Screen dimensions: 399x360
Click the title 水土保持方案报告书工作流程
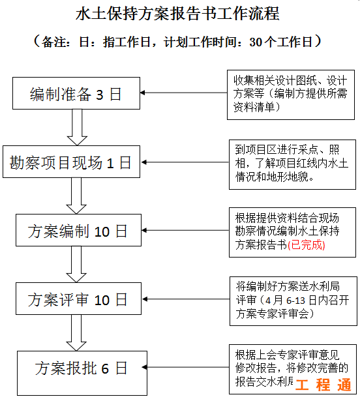[x=177, y=13]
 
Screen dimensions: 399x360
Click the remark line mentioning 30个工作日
[x=177, y=42]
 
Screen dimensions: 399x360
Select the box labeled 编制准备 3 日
[x=76, y=94]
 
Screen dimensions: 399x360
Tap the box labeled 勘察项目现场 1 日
[x=70, y=162]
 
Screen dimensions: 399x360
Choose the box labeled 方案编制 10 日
[x=77, y=231]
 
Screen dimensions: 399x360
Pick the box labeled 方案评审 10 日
[x=77, y=299]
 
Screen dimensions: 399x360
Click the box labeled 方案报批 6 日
[x=77, y=368]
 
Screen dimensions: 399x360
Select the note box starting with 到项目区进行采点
[x=292, y=164]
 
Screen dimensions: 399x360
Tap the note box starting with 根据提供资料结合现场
[x=292, y=231]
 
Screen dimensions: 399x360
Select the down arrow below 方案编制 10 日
[x=78, y=264]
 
